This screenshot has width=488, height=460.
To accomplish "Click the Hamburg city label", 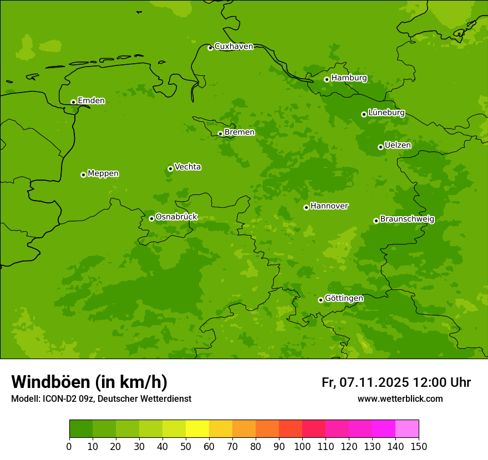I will click(x=349, y=78).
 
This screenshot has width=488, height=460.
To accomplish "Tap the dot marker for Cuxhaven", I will click(x=210, y=48).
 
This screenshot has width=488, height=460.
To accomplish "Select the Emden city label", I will click(x=91, y=101).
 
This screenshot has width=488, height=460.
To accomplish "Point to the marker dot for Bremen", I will click(x=220, y=134).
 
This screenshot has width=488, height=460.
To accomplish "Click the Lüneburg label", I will click(x=386, y=113).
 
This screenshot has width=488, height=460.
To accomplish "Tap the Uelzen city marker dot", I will click(x=380, y=147).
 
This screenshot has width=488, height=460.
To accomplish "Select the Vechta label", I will click(x=187, y=167).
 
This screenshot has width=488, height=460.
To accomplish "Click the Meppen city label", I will click(x=103, y=173).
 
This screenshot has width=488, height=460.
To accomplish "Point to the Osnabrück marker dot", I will click(x=151, y=218).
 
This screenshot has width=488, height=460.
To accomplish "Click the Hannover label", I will click(x=329, y=206).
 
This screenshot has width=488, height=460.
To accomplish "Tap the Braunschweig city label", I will click(x=407, y=219).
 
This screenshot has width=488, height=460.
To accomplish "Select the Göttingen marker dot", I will click(x=321, y=300).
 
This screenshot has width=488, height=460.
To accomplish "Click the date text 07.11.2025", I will click(x=374, y=382).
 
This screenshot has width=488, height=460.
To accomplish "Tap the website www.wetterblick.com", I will click(x=400, y=399).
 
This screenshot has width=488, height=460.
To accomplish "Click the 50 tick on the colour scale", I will click(x=185, y=446).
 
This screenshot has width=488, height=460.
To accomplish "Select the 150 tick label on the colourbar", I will click(x=419, y=446).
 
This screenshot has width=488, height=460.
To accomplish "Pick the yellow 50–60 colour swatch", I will click(x=197, y=429).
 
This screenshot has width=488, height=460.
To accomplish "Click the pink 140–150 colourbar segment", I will click(x=407, y=429).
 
